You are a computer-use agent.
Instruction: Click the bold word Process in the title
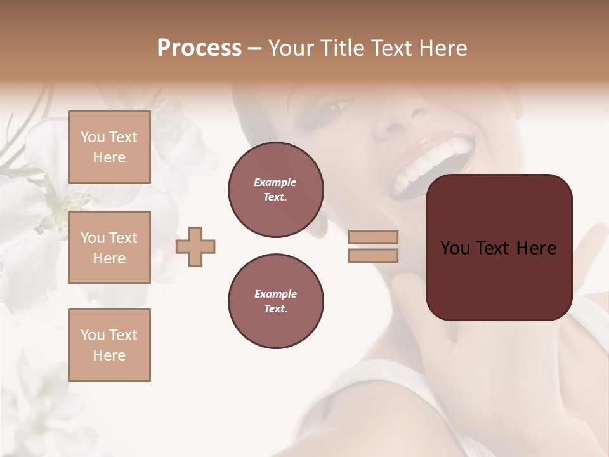pyautogui.click(x=199, y=48)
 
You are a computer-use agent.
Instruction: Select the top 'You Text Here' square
pyautogui.click(x=109, y=147)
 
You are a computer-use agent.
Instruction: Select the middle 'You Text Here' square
pyautogui.click(x=109, y=248)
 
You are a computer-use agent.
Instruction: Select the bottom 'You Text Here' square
pyautogui.click(x=109, y=345)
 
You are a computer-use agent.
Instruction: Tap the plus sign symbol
pyautogui.click(x=195, y=246)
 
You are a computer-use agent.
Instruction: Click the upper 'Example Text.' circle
pyautogui.click(x=275, y=190)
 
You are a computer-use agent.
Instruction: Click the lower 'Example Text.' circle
pyautogui.click(x=275, y=301)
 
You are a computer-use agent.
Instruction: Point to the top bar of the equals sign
pyautogui.click(x=373, y=237)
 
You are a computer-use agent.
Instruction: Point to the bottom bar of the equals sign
pyautogui.click(x=373, y=255)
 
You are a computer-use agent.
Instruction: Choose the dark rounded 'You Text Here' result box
pyautogui.click(x=499, y=248)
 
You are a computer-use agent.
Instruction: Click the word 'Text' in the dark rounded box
pyautogui.click(x=499, y=248)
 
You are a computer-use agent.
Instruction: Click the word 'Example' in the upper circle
pyautogui.click(x=275, y=182)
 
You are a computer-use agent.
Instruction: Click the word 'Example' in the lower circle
pyautogui.click(x=275, y=294)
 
